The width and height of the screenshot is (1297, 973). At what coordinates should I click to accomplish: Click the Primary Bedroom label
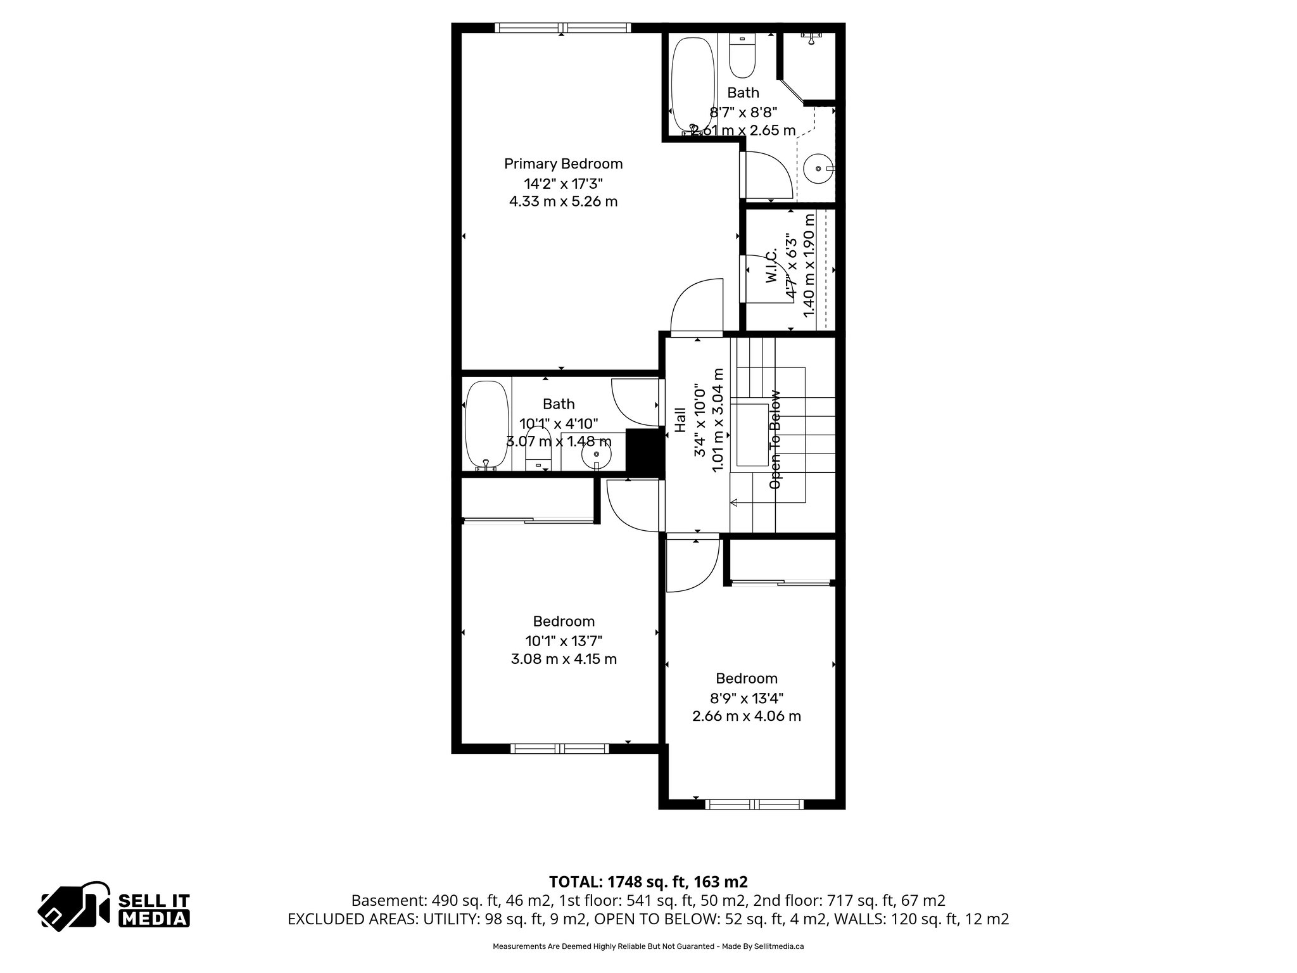pyautogui.click(x=563, y=163)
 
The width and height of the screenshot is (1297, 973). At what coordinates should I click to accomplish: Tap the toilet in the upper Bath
pyautogui.click(x=742, y=56)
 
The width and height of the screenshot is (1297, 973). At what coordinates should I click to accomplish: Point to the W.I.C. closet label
pyautogui.click(x=771, y=266)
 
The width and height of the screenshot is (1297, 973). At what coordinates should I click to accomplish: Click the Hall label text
pyautogui.click(x=680, y=419)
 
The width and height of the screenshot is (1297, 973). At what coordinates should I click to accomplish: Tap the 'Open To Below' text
pyautogui.click(x=775, y=439)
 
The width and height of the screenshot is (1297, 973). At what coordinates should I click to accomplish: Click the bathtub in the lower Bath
pyautogui.click(x=486, y=423)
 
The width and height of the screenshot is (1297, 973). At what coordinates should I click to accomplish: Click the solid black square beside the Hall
pyautogui.click(x=642, y=450)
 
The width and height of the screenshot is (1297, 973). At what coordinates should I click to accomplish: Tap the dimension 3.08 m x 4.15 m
pyautogui.click(x=564, y=659)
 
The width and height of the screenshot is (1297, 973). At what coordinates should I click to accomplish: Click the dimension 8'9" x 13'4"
pyautogui.click(x=747, y=698)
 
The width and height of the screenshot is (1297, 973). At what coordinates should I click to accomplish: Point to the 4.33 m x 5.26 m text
pyautogui.click(x=563, y=201)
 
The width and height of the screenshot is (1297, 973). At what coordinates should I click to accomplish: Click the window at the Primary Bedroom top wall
pyautogui.click(x=562, y=27)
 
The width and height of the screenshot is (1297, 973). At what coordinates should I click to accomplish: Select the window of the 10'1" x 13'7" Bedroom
pyautogui.click(x=559, y=748)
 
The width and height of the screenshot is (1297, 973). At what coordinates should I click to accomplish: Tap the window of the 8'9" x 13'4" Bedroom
pyautogui.click(x=754, y=804)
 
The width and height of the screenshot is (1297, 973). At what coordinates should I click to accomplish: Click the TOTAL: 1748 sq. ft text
pyautogui.click(x=648, y=881)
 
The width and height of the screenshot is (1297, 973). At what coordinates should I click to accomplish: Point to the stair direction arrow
pyautogui.click(x=735, y=503)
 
